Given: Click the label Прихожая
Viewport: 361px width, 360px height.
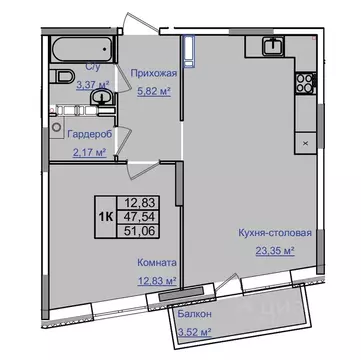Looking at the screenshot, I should (153, 73).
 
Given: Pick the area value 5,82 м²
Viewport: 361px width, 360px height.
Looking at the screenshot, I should (153, 88).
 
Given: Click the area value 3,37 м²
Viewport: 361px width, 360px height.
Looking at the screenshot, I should (92, 85).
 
